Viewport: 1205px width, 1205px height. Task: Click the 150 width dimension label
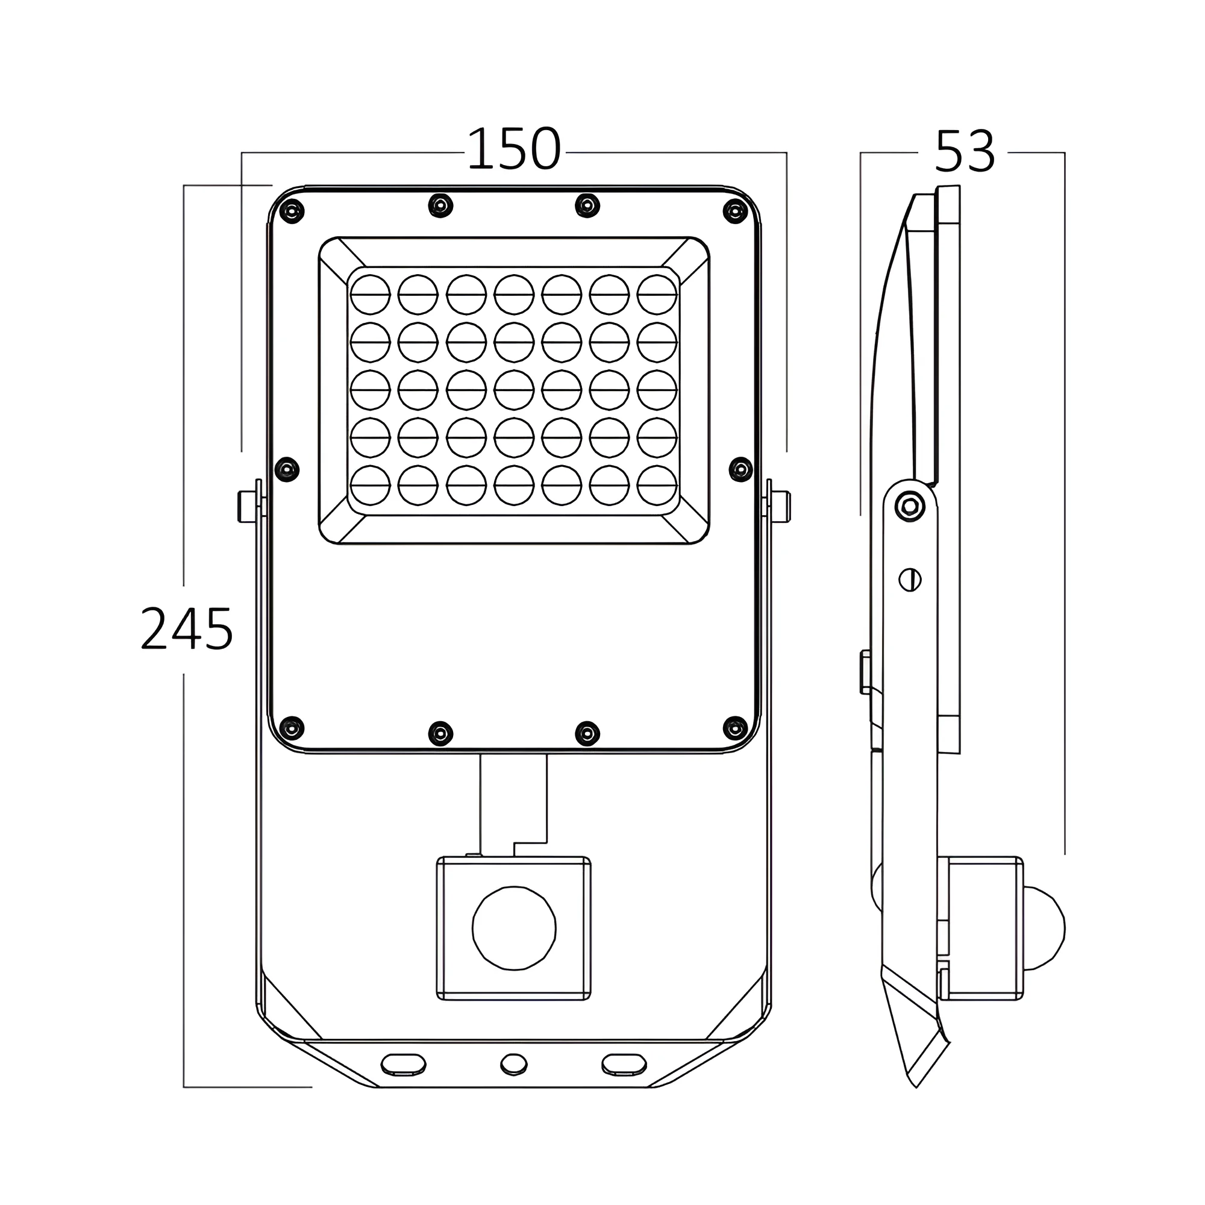514,149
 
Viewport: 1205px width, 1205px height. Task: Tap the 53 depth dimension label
964,152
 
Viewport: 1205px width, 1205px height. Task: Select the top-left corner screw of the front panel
292,211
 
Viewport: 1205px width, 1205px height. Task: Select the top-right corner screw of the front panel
735,211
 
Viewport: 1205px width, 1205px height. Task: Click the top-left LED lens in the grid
371,295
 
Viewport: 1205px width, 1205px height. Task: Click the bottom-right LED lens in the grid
657,485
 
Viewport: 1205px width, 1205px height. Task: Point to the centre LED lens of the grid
514,390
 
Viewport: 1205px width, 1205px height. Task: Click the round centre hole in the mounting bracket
514,1064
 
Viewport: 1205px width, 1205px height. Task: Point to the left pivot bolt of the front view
247,507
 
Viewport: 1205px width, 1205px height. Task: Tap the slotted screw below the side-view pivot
910,580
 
